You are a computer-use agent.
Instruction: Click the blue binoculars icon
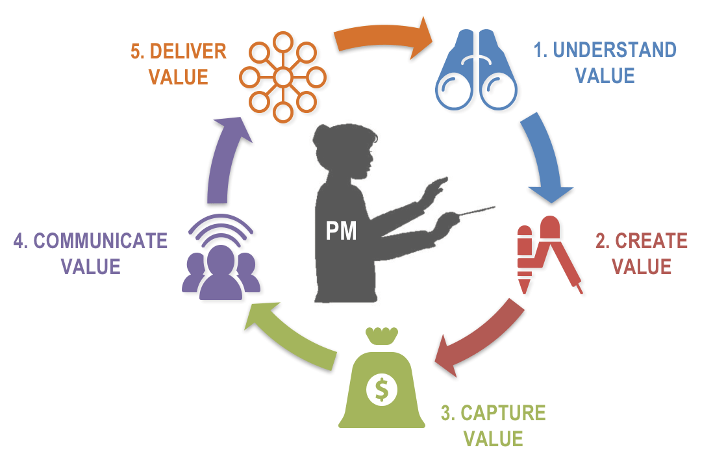coord(476,70)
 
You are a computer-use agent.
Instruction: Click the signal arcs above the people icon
coord(221,227)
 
